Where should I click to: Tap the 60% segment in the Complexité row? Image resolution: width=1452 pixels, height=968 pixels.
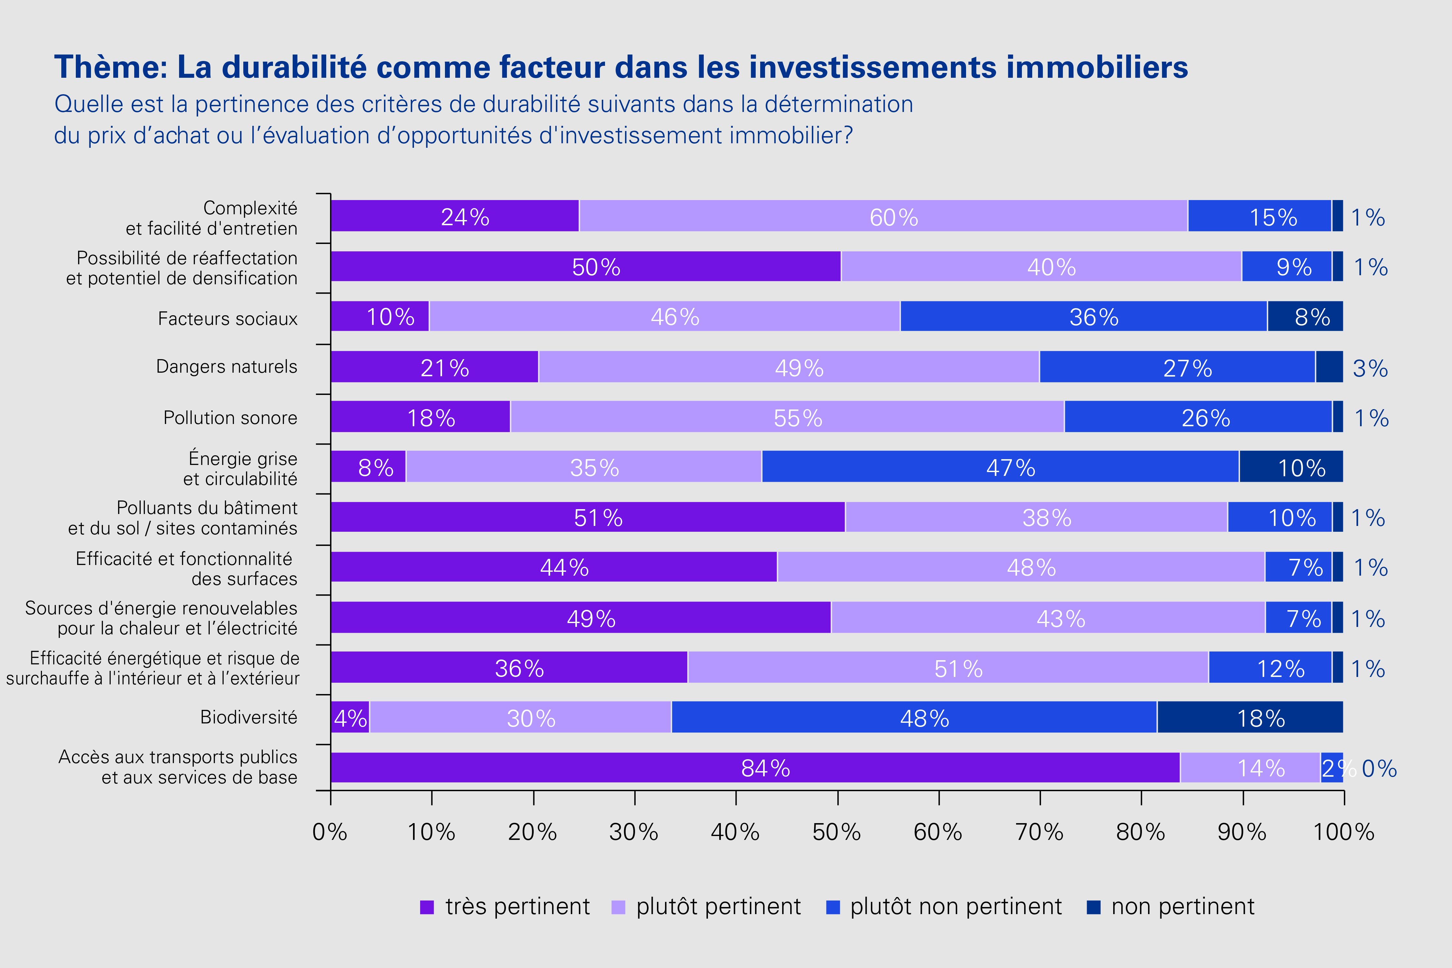tap(883, 216)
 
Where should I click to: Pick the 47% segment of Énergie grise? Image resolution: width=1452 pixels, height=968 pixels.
tap(1000, 467)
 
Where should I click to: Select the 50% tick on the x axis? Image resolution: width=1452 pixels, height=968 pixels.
tap(837, 798)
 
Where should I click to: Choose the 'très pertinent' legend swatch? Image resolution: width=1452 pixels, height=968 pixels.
tap(427, 907)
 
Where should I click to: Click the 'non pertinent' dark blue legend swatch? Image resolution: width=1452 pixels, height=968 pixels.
tap(1093, 907)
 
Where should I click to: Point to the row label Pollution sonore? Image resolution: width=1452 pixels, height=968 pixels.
tap(230, 418)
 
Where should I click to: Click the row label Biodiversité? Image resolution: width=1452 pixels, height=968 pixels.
tap(249, 717)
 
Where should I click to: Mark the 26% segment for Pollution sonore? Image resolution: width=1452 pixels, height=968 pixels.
tap(1198, 417)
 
